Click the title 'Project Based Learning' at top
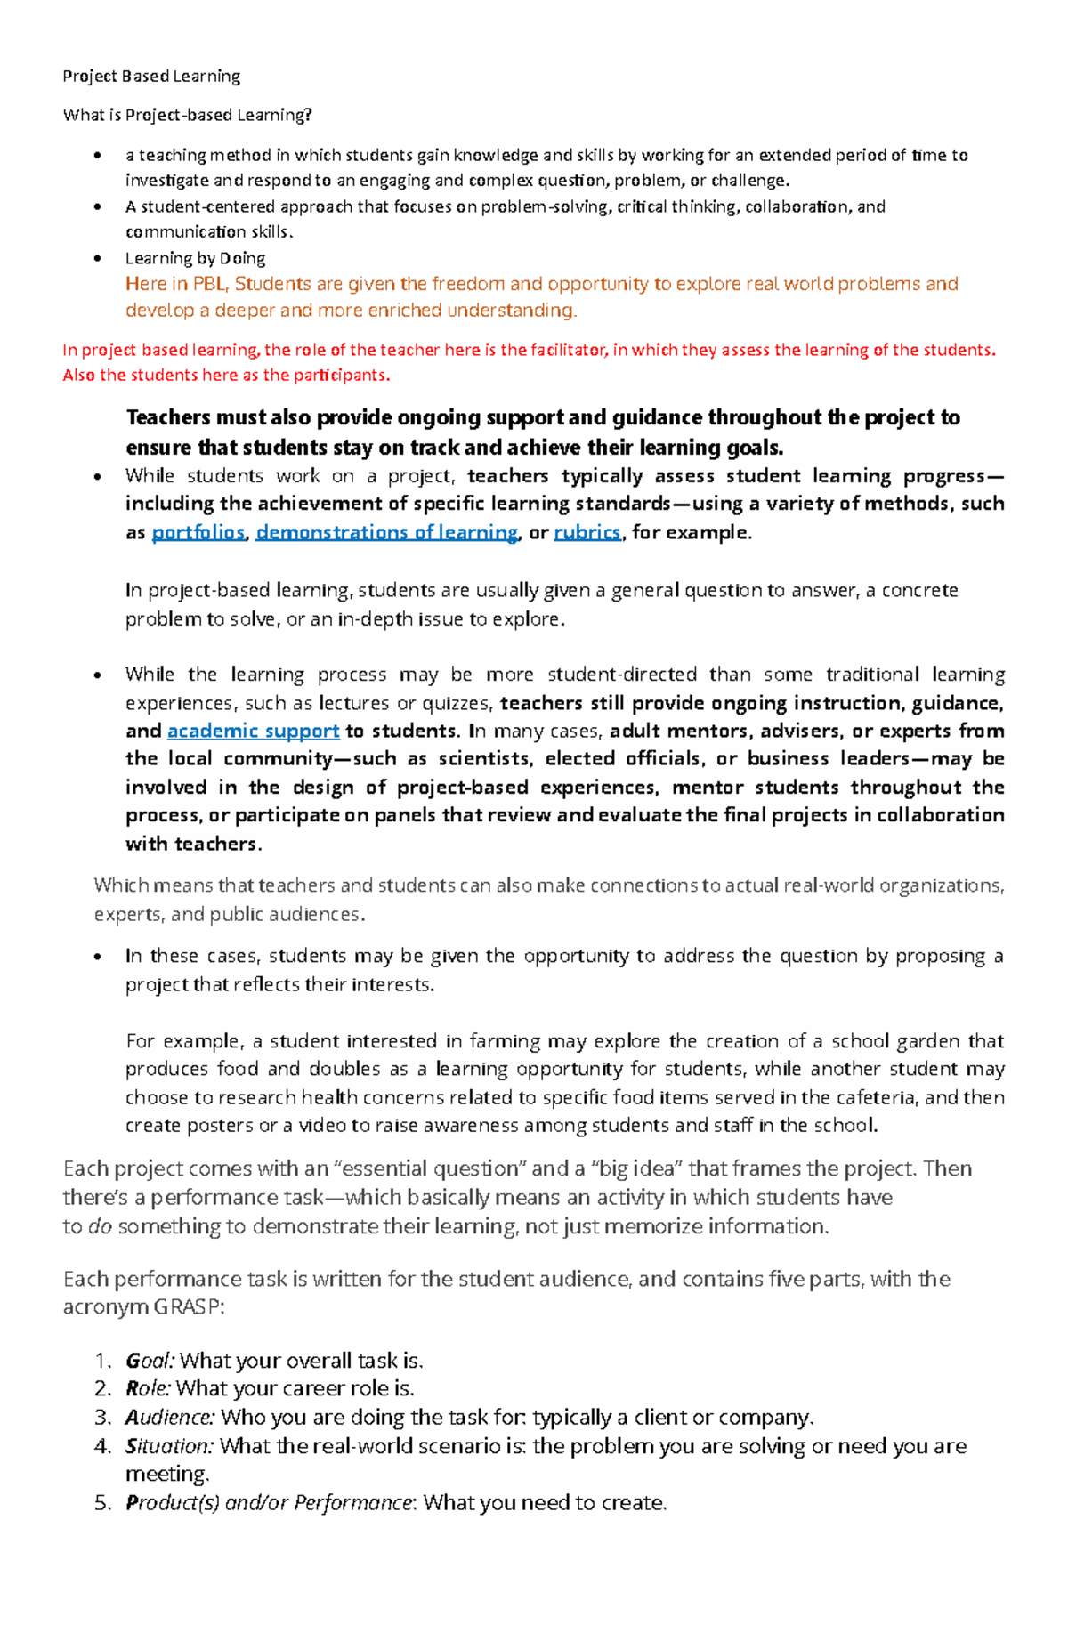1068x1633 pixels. click(151, 76)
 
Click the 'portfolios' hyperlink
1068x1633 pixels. click(198, 532)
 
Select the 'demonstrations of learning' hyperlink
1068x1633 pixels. click(386, 532)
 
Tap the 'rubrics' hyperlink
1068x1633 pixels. click(587, 532)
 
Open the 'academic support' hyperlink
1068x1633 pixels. click(253, 731)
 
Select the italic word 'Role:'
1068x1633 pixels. click(149, 1388)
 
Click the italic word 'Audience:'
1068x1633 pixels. click(170, 1417)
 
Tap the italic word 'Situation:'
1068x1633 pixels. click(169, 1445)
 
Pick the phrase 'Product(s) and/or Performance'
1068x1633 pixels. click(269, 1503)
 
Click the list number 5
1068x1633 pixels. click(101, 1503)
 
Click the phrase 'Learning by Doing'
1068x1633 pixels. click(195, 258)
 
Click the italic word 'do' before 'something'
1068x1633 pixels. click(100, 1226)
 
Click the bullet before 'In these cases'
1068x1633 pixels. click(97, 957)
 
